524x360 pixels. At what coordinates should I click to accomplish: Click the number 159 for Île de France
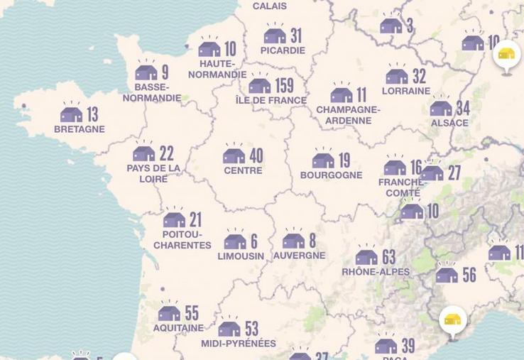284,86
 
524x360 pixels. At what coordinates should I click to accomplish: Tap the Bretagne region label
79,129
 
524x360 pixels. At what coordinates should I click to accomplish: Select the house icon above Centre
234,156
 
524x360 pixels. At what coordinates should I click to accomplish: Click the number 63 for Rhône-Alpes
388,256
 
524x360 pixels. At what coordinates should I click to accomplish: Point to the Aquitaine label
178,328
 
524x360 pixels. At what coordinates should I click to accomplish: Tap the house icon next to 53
229,329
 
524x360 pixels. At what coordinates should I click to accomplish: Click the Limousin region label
241,256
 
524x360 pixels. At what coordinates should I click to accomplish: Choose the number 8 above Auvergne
312,241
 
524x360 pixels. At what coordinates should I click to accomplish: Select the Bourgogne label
331,175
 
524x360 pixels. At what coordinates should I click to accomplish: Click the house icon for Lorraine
397,76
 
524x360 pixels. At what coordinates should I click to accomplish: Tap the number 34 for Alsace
462,109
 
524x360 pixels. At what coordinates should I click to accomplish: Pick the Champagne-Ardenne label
348,115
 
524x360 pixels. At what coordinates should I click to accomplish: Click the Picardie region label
283,50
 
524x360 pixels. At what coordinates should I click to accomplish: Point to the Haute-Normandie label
217,69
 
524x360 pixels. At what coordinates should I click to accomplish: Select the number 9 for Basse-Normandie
165,72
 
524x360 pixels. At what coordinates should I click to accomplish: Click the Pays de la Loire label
153,173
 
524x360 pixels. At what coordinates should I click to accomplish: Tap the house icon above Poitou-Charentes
174,219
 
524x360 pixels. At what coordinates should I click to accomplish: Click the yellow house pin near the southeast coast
452,320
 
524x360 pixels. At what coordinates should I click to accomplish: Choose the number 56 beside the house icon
469,275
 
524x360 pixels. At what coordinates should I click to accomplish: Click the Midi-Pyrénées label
239,344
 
